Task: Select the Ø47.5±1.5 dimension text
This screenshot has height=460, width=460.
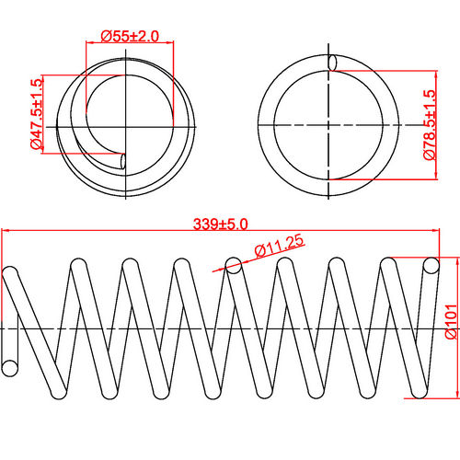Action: pyautogui.click(x=36, y=113)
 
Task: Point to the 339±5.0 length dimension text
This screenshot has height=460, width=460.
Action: pyautogui.click(x=221, y=224)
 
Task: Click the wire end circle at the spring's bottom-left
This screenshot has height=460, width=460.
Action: pyautogui.click(x=11, y=368)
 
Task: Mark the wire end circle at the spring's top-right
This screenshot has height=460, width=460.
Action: pyautogui.click(x=430, y=267)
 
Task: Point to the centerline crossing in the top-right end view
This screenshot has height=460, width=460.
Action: pyautogui.click(x=328, y=124)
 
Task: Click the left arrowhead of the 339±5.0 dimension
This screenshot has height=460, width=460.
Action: pyautogui.click(x=5, y=232)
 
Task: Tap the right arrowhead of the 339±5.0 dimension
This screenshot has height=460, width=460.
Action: pyautogui.click(x=439, y=232)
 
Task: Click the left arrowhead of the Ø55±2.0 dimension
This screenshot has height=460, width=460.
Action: pyautogui.click(x=87, y=43)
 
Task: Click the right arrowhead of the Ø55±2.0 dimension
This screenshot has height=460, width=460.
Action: pyautogui.click(x=170, y=43)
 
